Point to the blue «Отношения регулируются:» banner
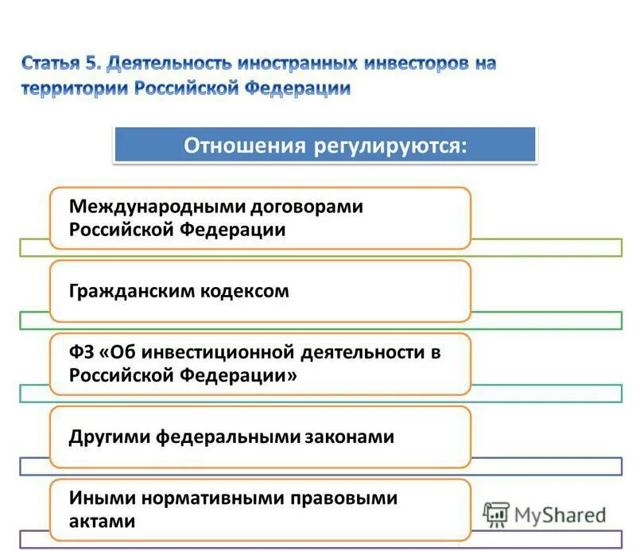tap(325, 146)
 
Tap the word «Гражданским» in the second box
tap(127, 291)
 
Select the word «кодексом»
tap(241, 291)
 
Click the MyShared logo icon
tap(496, 515)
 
